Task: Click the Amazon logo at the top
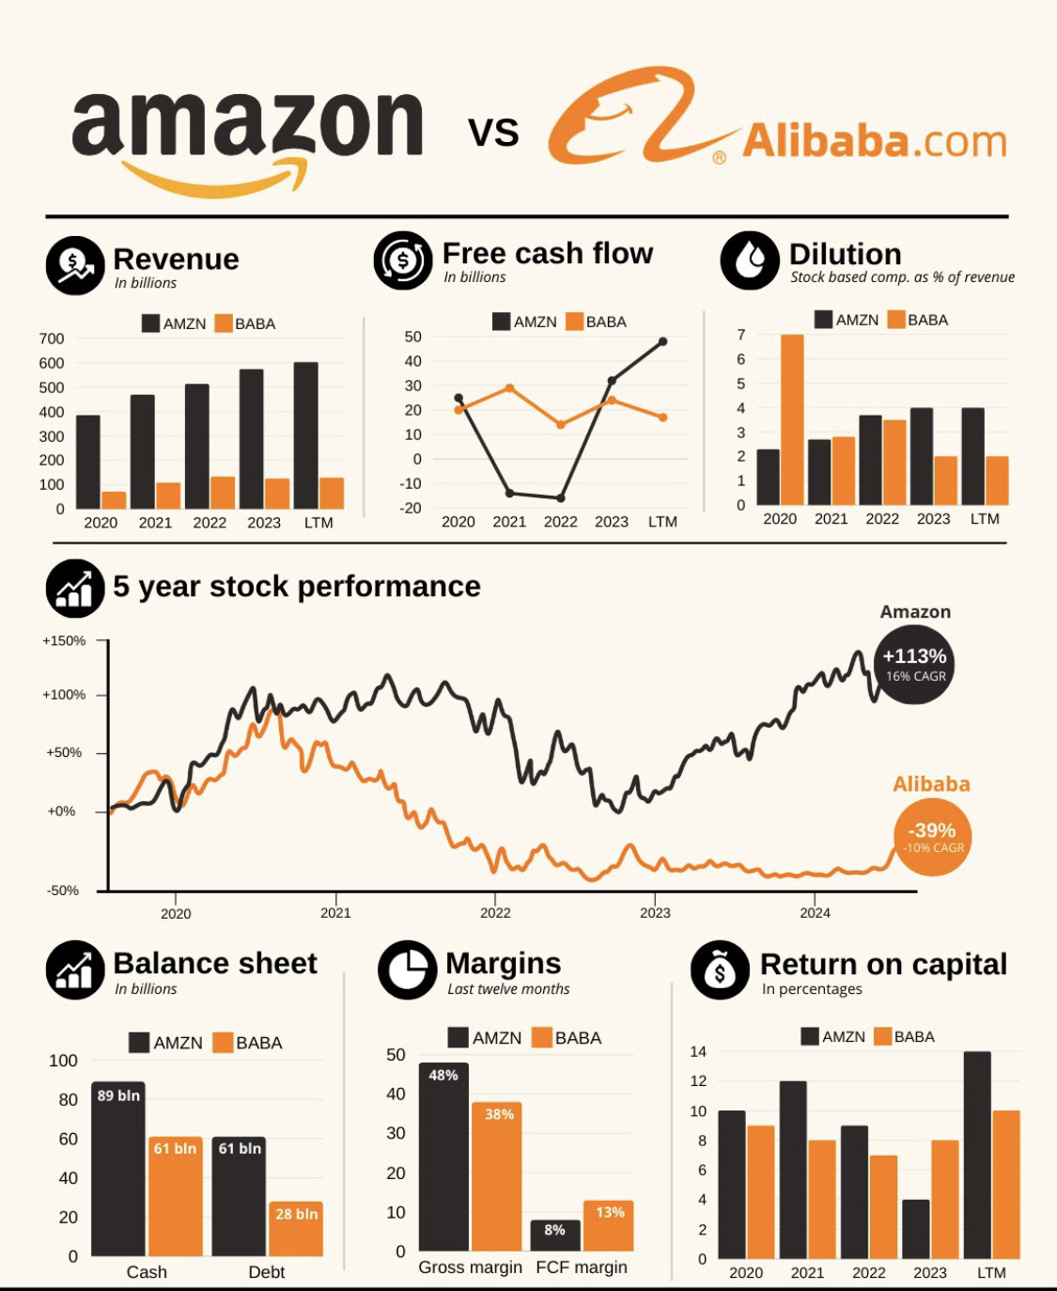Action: (x=247, y=136)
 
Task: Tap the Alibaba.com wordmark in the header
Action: (x=874, y=142)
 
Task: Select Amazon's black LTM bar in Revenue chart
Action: (x=305, y=435)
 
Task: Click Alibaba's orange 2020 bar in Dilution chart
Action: (x=792, y=419)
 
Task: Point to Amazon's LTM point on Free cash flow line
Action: (x=663, y=341)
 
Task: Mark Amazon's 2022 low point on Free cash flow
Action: (x=561, y=498)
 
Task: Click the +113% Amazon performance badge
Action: (x=914, y=664)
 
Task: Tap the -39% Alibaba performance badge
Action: (x=932, y=837)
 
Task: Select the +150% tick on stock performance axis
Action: (x=64, y=641)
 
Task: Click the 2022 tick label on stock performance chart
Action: (x=495, y=913)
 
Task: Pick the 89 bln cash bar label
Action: (x=118, y=1095)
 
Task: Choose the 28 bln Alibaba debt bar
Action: (x=296, y=1229)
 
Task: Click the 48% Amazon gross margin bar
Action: (x=443, y=1157)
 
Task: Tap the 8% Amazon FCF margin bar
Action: (x=555, y=1236)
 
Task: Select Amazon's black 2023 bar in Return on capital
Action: (x=915, y=1229)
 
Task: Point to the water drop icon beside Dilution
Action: (x=750, y=260)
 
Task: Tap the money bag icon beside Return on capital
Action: (x=720, y=970)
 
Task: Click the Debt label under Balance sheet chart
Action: (x=267, y=1272)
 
